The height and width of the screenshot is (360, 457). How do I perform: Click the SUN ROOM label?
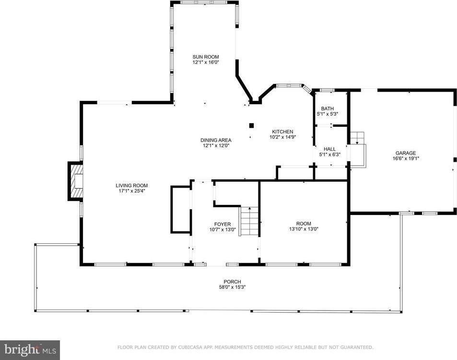205,57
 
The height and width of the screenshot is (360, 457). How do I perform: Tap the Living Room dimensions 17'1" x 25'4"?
132,191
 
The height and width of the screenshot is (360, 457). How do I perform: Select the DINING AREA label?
216,140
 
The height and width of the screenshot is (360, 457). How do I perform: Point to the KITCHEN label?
283,132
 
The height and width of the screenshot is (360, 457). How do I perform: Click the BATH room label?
328,108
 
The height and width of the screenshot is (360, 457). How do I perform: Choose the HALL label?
329,149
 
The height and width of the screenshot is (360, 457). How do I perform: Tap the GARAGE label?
406,153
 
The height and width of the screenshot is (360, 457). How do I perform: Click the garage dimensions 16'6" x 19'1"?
406,159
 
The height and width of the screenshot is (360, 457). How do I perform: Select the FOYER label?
223,224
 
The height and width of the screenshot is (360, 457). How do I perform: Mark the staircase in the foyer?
249,221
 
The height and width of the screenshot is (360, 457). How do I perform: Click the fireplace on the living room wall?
75,181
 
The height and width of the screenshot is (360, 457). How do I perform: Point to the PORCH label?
232,282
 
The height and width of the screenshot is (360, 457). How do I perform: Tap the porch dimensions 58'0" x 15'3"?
232,288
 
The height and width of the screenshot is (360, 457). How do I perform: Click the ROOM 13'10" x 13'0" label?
304,227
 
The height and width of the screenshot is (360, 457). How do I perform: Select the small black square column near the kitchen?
252,126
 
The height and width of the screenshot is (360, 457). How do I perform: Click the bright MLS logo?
30,350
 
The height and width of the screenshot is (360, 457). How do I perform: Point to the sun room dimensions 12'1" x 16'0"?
205,62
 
